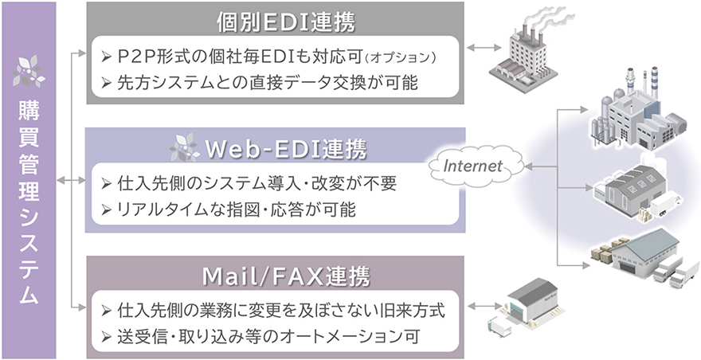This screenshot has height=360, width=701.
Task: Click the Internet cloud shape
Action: coord(472,167)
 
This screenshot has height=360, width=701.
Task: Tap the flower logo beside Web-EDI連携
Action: coord(185,148)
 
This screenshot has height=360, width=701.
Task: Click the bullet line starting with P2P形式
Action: coord(271,57)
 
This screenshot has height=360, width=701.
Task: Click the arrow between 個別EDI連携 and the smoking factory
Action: coord(484,49)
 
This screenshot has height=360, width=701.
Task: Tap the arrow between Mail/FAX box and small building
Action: coord(484,307)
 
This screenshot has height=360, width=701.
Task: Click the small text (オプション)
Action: coord(405,59)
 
